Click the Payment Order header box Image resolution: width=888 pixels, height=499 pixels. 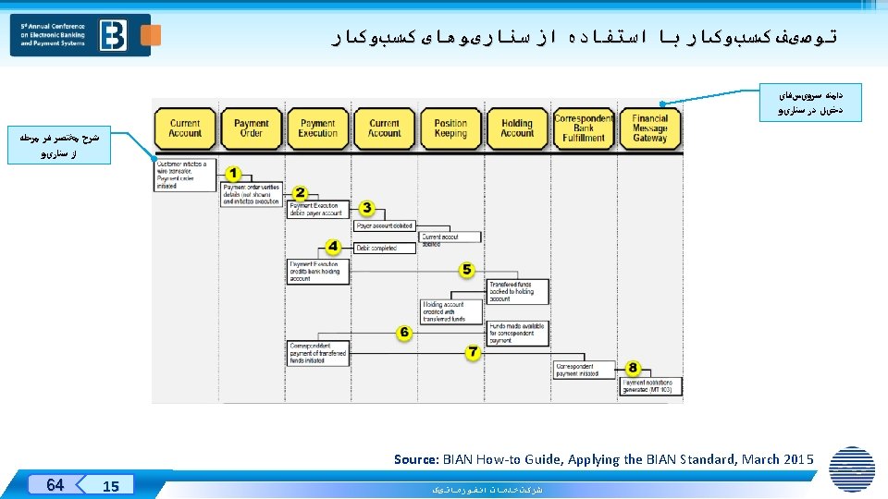(251, 128)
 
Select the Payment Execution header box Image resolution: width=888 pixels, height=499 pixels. (317, 128)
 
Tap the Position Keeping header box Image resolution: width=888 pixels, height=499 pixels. (450, 128)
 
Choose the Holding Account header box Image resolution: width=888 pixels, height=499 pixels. (517, 128)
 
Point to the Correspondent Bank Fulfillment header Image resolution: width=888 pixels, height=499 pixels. (583, 128)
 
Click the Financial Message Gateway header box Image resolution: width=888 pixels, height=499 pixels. (649, 128)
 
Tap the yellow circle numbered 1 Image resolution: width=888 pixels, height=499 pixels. (233, 174)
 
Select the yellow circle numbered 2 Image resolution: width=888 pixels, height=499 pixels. (300, 192)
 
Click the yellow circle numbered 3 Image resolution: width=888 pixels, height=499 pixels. (366, 209)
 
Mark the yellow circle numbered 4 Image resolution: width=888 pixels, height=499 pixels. (333, 247)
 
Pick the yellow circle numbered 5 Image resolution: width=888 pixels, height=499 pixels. (467, 270)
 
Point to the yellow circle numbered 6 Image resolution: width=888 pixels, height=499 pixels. (404, 332)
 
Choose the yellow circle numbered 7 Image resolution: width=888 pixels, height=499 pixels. (473, 352)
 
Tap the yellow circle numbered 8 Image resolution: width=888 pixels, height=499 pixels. (633, 368)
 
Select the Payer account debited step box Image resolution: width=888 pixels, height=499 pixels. (384, 225)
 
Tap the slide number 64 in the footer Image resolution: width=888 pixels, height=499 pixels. (55, 484)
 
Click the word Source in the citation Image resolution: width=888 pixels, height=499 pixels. (416, 459)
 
